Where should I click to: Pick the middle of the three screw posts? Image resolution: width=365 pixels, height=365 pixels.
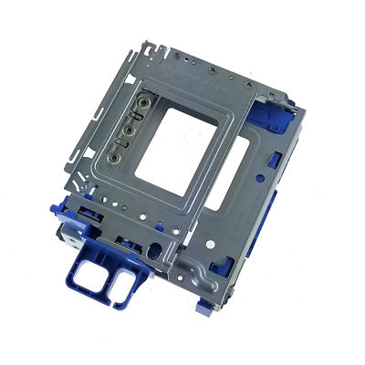pos(135,127)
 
